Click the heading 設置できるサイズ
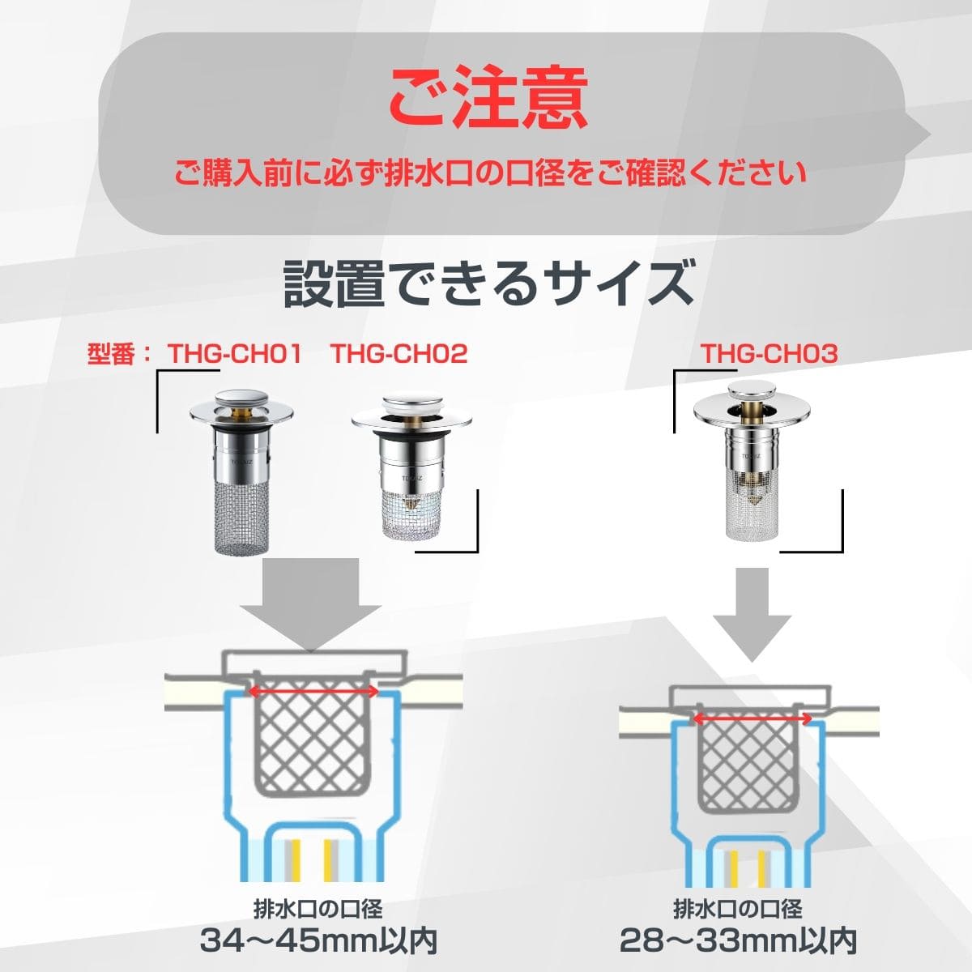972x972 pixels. click(488, 283)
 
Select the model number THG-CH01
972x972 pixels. click(235, 354)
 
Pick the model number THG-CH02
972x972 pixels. click(399, 354)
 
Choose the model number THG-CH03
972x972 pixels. click(769, 354)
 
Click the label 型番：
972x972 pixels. click(119, 354)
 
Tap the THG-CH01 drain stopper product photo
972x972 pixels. click(241, 471)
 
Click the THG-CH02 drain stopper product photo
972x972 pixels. click(411, 467)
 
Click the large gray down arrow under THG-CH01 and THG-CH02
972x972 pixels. click(309, 603)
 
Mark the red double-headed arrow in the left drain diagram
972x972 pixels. click(314, 691)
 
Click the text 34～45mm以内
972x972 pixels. click(319, 940)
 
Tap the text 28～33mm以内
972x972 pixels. click(738, 940)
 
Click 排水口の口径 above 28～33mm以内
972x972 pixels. click(737, 910)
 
